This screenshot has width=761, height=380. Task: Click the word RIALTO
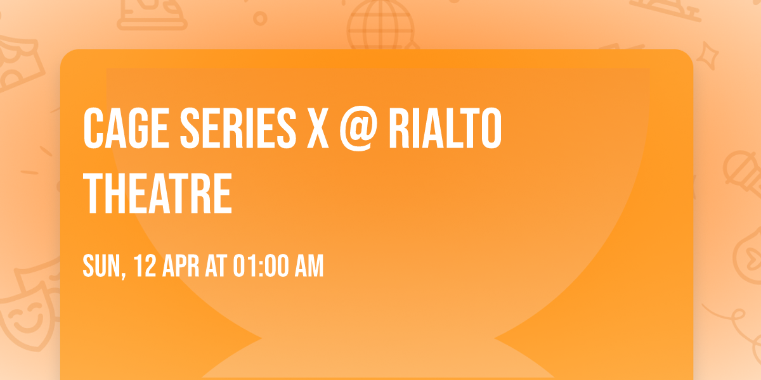click(x=445, y=129)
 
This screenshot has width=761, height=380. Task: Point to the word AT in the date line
click(x=216, y=267)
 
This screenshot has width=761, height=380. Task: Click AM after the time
click(x=309, y=267)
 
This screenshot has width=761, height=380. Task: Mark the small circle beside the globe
click(x=259, y=18)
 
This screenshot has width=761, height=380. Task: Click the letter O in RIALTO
click(x=489, y=129)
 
